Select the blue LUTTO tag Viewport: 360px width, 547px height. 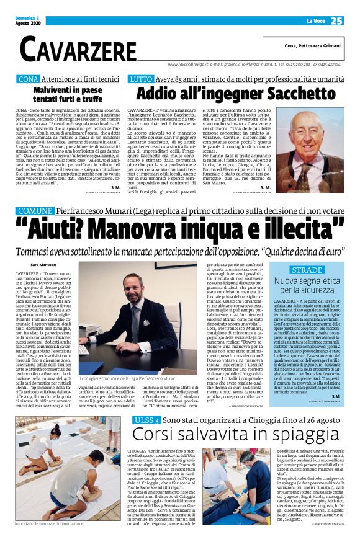[140, 79]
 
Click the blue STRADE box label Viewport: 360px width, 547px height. [306, 270]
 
